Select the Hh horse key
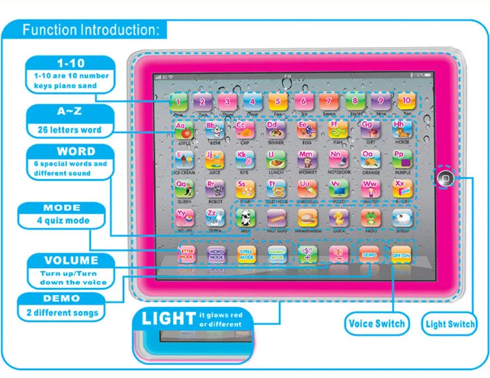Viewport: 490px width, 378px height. coord(400,129)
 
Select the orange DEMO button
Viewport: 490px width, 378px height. coord(368,253)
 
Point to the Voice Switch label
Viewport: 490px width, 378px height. coord(376,324)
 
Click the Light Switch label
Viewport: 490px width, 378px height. coord(450,324)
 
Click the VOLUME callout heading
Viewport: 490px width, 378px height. coord(71,260)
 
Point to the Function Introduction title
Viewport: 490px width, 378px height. coord(90,30)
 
